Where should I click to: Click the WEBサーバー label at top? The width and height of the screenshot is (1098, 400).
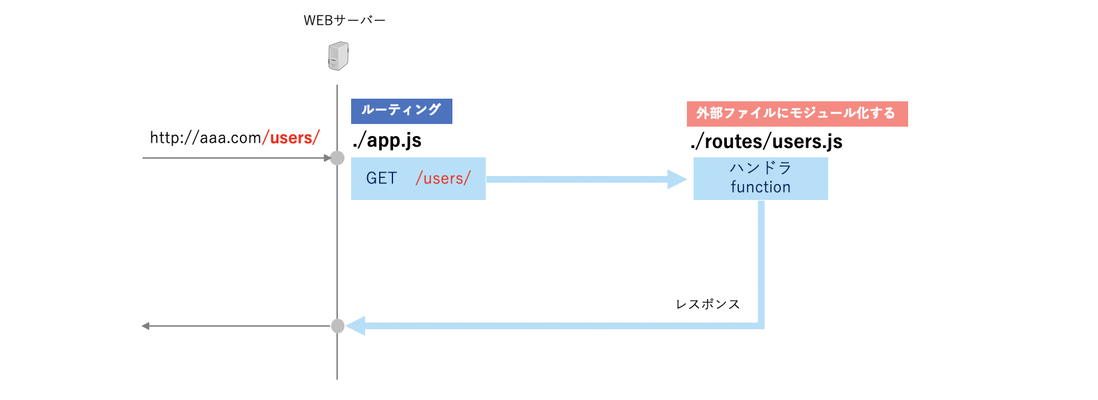344,21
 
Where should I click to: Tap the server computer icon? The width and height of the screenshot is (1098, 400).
338,56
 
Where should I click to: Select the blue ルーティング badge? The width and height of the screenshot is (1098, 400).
401,111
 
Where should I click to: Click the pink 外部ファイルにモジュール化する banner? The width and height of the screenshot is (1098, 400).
797,113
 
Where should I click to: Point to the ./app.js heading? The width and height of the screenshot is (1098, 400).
387,141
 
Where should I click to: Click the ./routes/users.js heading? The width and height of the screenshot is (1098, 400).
766,141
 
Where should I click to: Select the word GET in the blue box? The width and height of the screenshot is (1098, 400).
381,179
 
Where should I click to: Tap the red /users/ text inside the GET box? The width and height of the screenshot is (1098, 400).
443,179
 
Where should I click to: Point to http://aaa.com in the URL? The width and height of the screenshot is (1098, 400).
205,138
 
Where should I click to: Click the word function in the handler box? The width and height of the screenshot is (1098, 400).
760,187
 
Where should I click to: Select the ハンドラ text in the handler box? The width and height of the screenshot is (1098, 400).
760,168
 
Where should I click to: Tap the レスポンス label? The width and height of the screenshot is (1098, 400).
708,304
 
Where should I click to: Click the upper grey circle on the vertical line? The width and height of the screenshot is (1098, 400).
338,158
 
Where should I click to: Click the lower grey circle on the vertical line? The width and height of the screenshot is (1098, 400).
338,326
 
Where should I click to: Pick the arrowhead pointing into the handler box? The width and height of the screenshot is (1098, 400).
677,179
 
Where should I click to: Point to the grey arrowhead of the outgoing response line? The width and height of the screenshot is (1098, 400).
145,326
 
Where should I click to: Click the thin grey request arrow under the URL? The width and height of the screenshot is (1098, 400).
233,158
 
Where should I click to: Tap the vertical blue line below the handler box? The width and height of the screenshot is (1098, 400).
761,260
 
